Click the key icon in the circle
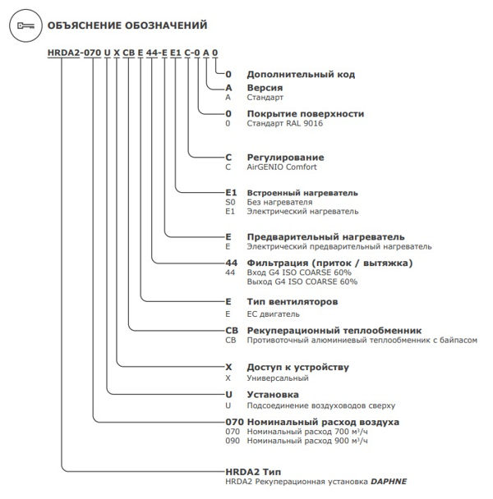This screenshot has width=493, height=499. coord(25,25)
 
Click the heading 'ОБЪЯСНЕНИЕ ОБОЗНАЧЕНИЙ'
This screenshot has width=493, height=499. coord(127,25)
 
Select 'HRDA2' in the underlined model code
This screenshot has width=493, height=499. coord(63,53)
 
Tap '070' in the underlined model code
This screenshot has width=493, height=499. coord(92,53)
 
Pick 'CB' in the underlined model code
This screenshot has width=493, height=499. coord(129,53)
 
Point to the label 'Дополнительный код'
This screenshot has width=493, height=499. coord(301,75)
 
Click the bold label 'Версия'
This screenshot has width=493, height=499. coord(265,88)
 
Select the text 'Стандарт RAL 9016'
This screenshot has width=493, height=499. coord(285,123)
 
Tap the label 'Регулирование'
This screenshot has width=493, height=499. coord(286,158)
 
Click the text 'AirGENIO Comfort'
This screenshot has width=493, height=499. coord(282,167)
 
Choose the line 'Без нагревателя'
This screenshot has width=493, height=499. coord(279,203)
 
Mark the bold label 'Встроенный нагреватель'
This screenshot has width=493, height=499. coord(302,193)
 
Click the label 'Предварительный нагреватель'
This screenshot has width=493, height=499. coord(325,237)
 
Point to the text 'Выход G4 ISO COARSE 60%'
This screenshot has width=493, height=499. coord(302,282)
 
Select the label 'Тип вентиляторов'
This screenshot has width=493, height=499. coord(293,302)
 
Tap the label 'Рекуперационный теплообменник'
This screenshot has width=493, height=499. coord(334,331)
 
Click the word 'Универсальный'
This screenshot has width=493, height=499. coord(278,378)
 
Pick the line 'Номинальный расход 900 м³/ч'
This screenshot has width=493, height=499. coord(307,441)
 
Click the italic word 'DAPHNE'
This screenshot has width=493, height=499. coord(389,482)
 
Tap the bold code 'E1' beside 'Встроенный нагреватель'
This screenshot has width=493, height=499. coord(231,193)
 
